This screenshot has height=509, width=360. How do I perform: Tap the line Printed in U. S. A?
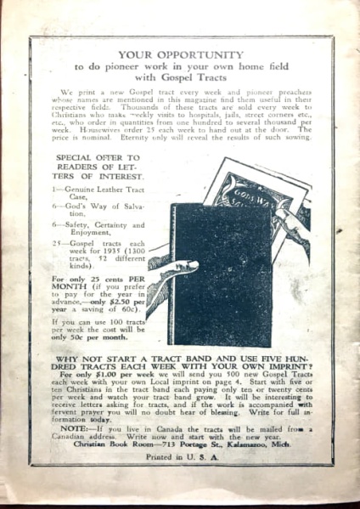pos(181,457)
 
